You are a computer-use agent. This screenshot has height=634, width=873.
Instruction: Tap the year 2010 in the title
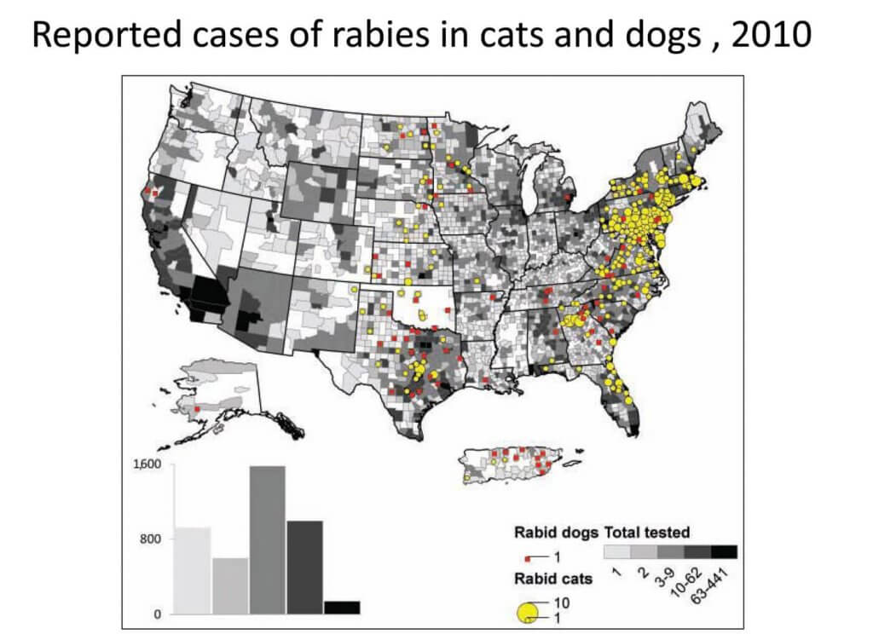pos(760,36)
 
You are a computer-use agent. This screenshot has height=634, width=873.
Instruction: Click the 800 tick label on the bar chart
pos(151,539)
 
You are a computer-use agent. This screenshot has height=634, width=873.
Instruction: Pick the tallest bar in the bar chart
pos(267,539)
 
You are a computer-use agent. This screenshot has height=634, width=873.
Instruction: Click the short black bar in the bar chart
pos(341,607)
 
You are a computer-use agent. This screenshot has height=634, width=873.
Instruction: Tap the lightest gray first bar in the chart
pos(192,570)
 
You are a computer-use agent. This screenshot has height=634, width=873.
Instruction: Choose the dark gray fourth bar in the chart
pos(304,567)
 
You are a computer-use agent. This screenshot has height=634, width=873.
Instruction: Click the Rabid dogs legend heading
pos(555,533)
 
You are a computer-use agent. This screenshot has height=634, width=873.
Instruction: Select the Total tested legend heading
pos(647,533)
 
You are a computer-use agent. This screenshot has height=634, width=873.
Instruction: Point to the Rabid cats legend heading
pos(553,579)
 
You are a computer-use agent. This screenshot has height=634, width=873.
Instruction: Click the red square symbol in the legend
pos(529,556)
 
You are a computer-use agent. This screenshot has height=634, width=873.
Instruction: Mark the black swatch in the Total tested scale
pos(723,551)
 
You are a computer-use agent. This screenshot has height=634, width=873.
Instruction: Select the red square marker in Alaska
pos(197,410)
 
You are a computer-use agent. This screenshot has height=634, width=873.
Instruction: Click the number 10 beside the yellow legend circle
pos(562,602)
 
